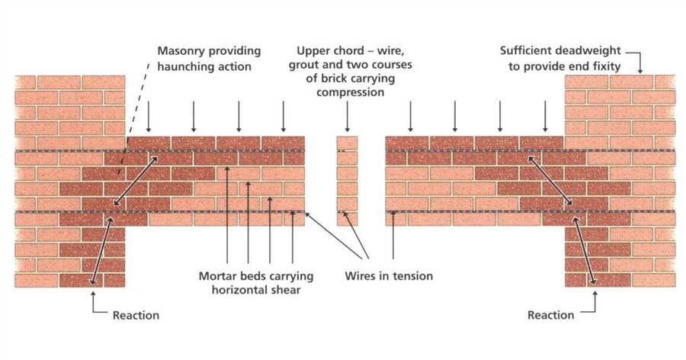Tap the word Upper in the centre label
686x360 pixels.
click(315, 51)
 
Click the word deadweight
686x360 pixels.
click(591, 51)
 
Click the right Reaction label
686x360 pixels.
click(551, 315)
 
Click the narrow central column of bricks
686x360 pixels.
click(348, 182)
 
